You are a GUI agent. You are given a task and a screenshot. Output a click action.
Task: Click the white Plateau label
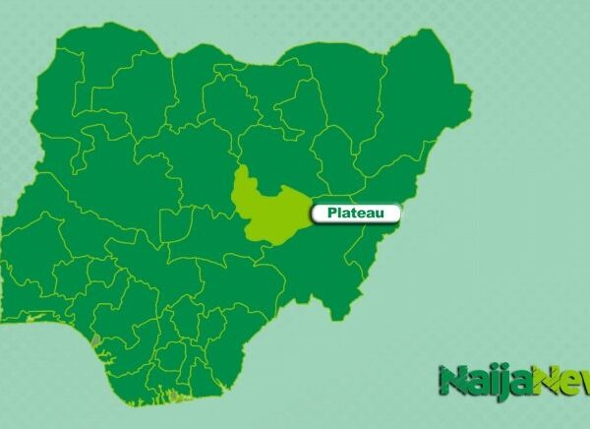tap(356, 213)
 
